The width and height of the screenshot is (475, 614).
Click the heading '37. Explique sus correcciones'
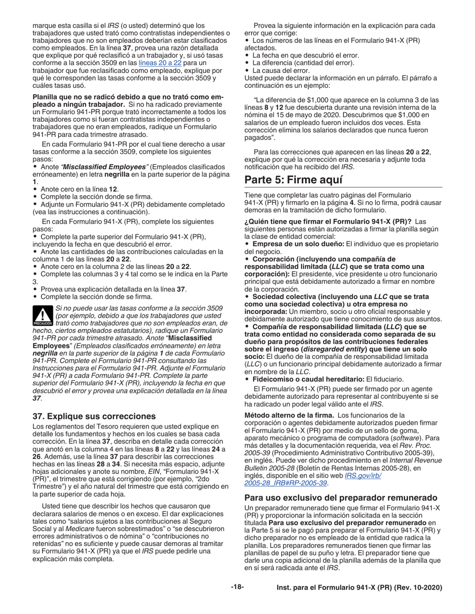coord(94,416)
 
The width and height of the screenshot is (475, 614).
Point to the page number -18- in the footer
coord(237,588)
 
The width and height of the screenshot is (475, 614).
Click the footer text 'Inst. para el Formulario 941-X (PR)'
coord(359,588)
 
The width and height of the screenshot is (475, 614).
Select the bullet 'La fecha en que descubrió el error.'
coord(305,55)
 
